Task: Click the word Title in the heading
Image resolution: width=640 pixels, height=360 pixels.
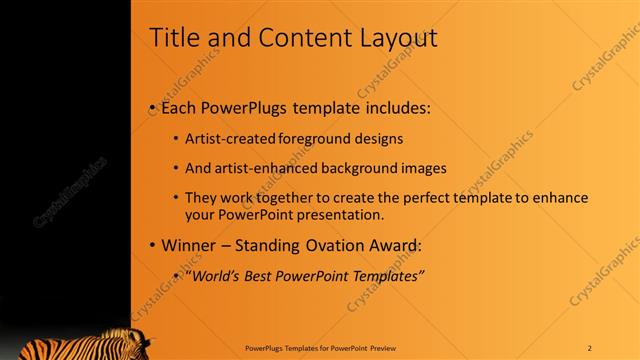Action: [x=173, y=38]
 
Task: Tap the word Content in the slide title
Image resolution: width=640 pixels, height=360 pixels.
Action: [x=294, y=38]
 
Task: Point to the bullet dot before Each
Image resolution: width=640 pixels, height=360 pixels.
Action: [x=151, y=106]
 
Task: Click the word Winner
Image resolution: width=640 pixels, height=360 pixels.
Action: [x=186, y=245]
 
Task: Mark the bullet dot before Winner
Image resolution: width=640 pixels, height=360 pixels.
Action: [x=151, y=245]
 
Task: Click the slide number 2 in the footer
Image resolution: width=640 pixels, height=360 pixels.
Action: [x=590, y=347]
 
